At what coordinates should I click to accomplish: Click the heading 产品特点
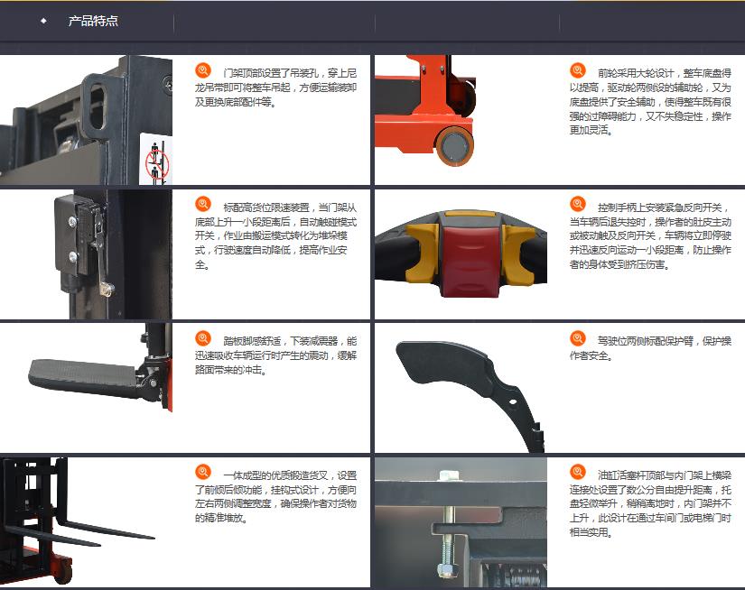(93, 21)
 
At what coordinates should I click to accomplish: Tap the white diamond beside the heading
(43, 21)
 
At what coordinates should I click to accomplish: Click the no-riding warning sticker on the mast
(155, 160)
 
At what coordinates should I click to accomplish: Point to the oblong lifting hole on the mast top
(97, 106)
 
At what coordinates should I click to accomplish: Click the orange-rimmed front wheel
(455, 146)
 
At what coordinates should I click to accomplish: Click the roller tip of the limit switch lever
(107, 288)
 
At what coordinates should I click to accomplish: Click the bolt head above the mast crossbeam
(448, 475)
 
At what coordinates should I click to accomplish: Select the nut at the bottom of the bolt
(447, 569)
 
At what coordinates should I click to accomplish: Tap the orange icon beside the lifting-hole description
(203, 70)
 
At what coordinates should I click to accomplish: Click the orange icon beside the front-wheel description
(578, 70)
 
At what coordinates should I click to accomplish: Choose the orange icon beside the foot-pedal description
(203, 338)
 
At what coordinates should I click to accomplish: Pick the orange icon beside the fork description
(203, 473)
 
